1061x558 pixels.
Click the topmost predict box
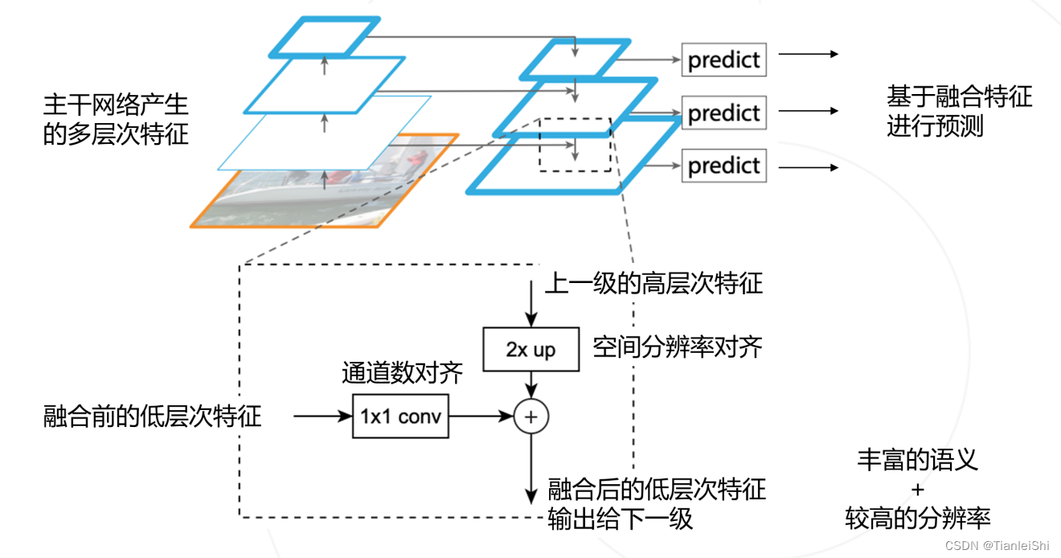pyautogui.click(x=723, y=59)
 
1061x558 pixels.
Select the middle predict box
pyautogui.click(x=723, y=113)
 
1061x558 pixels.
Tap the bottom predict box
pyautogui.click(x=723, y=166)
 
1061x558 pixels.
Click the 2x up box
pyautogui.click(x=530, y=350)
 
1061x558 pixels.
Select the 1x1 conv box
pyautogui.click(x=400, y=416)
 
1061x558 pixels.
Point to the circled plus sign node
pyautogui.click(x=530, y=416)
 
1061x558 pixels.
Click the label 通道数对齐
pyautogui.click(x=402, y=373)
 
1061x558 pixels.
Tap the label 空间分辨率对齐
pyautogui.click(x=677, y=347)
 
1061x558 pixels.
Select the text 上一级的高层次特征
pyautogui.click(x=653, y=283)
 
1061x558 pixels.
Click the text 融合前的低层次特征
pyautogui.click(x=153, y=416)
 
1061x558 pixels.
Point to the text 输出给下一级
pyautogui.click(x=620, y=519)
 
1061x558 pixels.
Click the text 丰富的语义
pyautogui.click(x=917, y=460)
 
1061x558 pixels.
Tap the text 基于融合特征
pyautogui.click(x=959, y=97)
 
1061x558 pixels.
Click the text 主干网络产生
pyautogui.click(x=116, y=105)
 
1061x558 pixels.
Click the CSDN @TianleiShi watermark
pyautogui.click(x=998, y=546)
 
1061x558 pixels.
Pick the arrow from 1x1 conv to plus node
pyautogui.click(x=481, y=416)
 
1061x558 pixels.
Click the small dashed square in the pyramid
pyautogui.click(x=575, y=144)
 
